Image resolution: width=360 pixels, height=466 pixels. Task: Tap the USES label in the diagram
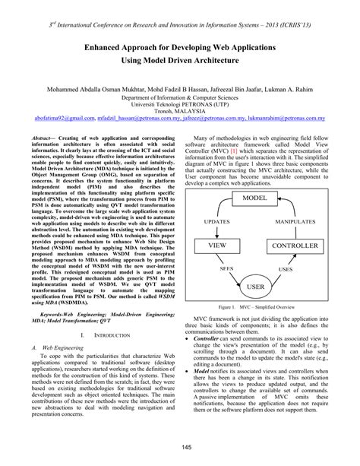click(306, 269)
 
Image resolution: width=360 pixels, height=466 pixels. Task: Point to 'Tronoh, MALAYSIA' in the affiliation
click(180, 110)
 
